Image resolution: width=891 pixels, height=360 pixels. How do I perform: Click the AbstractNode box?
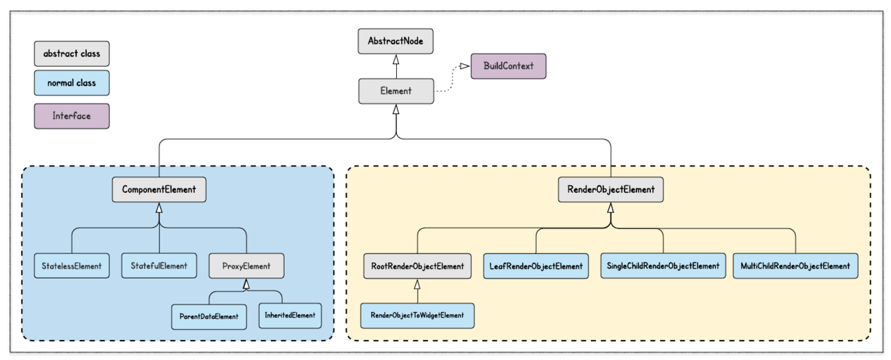click(395, 41)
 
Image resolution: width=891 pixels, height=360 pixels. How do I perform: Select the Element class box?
click(396, 91)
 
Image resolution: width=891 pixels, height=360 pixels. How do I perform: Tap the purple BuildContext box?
click(508, 66)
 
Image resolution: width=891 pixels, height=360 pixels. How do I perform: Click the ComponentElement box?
click(159, 189)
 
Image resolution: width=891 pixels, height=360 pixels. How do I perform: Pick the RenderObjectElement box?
click(610, 189)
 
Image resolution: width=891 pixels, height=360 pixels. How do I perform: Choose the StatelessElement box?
click(72, 266)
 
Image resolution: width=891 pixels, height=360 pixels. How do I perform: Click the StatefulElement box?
click(159, 266)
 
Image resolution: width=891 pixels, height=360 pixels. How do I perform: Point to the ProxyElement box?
click(246, 266)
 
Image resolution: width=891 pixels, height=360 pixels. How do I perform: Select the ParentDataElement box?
click(209, 317)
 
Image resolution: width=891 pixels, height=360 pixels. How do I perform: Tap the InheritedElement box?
click(290, 315)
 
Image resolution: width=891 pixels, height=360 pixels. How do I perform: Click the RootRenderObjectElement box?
click(417, 266)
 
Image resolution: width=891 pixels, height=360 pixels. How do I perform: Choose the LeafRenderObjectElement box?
click(536, 266)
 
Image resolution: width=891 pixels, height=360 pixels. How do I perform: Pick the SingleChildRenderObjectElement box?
click(663, 266)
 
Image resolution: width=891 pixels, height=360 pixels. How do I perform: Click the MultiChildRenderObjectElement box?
click(795, 266)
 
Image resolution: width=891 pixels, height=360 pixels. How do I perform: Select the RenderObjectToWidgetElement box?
click(417, 315)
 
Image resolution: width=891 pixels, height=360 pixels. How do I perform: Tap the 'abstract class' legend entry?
click(72, 54)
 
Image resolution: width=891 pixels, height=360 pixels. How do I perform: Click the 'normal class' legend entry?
click(72, 83)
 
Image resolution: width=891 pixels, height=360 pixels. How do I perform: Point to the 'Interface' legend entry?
click(72, 116)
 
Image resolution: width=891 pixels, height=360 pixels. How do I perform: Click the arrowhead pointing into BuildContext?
click(464, 66)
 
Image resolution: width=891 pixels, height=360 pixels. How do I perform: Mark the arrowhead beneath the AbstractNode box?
click(396, 60)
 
